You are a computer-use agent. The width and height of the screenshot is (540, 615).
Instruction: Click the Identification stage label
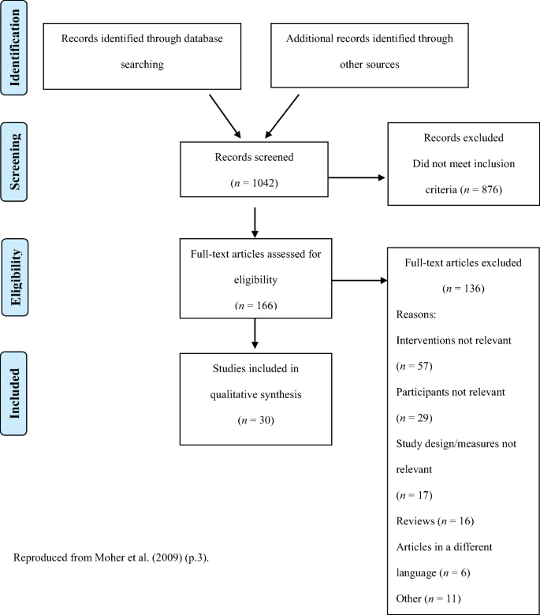14,47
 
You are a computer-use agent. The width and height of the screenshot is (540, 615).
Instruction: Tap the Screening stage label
14,162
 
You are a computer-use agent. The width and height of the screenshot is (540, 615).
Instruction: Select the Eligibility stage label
15,278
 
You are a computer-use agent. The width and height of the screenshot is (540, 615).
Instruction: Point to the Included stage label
13,393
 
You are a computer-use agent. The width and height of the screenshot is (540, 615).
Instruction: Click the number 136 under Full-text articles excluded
472,289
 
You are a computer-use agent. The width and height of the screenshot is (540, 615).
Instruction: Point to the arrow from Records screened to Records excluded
356,177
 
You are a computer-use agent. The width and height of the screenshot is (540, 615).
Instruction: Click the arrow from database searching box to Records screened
225,116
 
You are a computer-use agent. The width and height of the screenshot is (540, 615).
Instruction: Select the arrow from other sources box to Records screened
282,116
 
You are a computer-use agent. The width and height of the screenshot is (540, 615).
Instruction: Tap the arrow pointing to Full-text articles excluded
359,281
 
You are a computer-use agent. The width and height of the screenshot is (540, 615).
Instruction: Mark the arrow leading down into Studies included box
255,334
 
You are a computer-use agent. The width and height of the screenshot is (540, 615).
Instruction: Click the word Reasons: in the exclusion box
416,315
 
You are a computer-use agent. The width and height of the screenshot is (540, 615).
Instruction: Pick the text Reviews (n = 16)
435,521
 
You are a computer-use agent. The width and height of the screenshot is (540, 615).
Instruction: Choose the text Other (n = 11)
428,599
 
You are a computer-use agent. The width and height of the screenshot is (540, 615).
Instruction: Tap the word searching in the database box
142,65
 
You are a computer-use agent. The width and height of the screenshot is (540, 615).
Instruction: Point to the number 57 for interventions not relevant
423,367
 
